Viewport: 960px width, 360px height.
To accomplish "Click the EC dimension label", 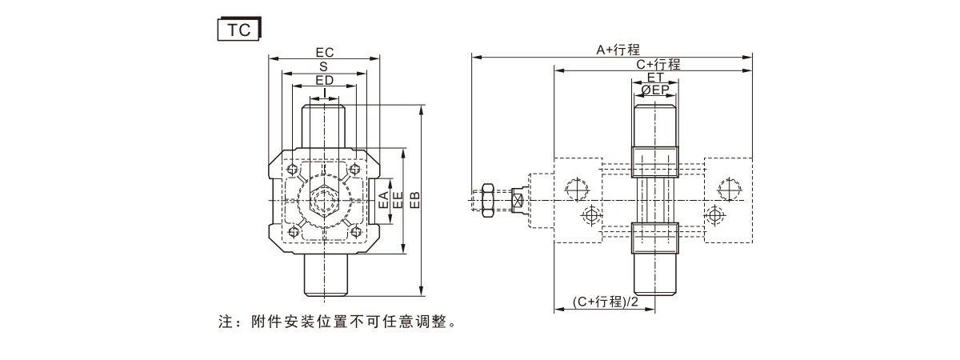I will [x=325, y=52].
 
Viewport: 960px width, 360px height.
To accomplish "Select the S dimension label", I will [x=324, y=66].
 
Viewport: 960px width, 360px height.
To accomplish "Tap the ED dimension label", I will [x=324, y=80].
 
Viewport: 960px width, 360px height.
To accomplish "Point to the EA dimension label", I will [x=384, y=200].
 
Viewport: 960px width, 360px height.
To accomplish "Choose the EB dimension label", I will [x=414, y=200].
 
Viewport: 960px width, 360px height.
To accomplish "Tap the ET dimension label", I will [x=655, y=78].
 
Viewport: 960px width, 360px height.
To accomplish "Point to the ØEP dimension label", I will [x=655, y=90].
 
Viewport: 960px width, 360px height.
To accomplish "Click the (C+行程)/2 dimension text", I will [x=606, y=302].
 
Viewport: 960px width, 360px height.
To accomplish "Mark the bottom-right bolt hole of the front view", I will [x=354, y=232].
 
